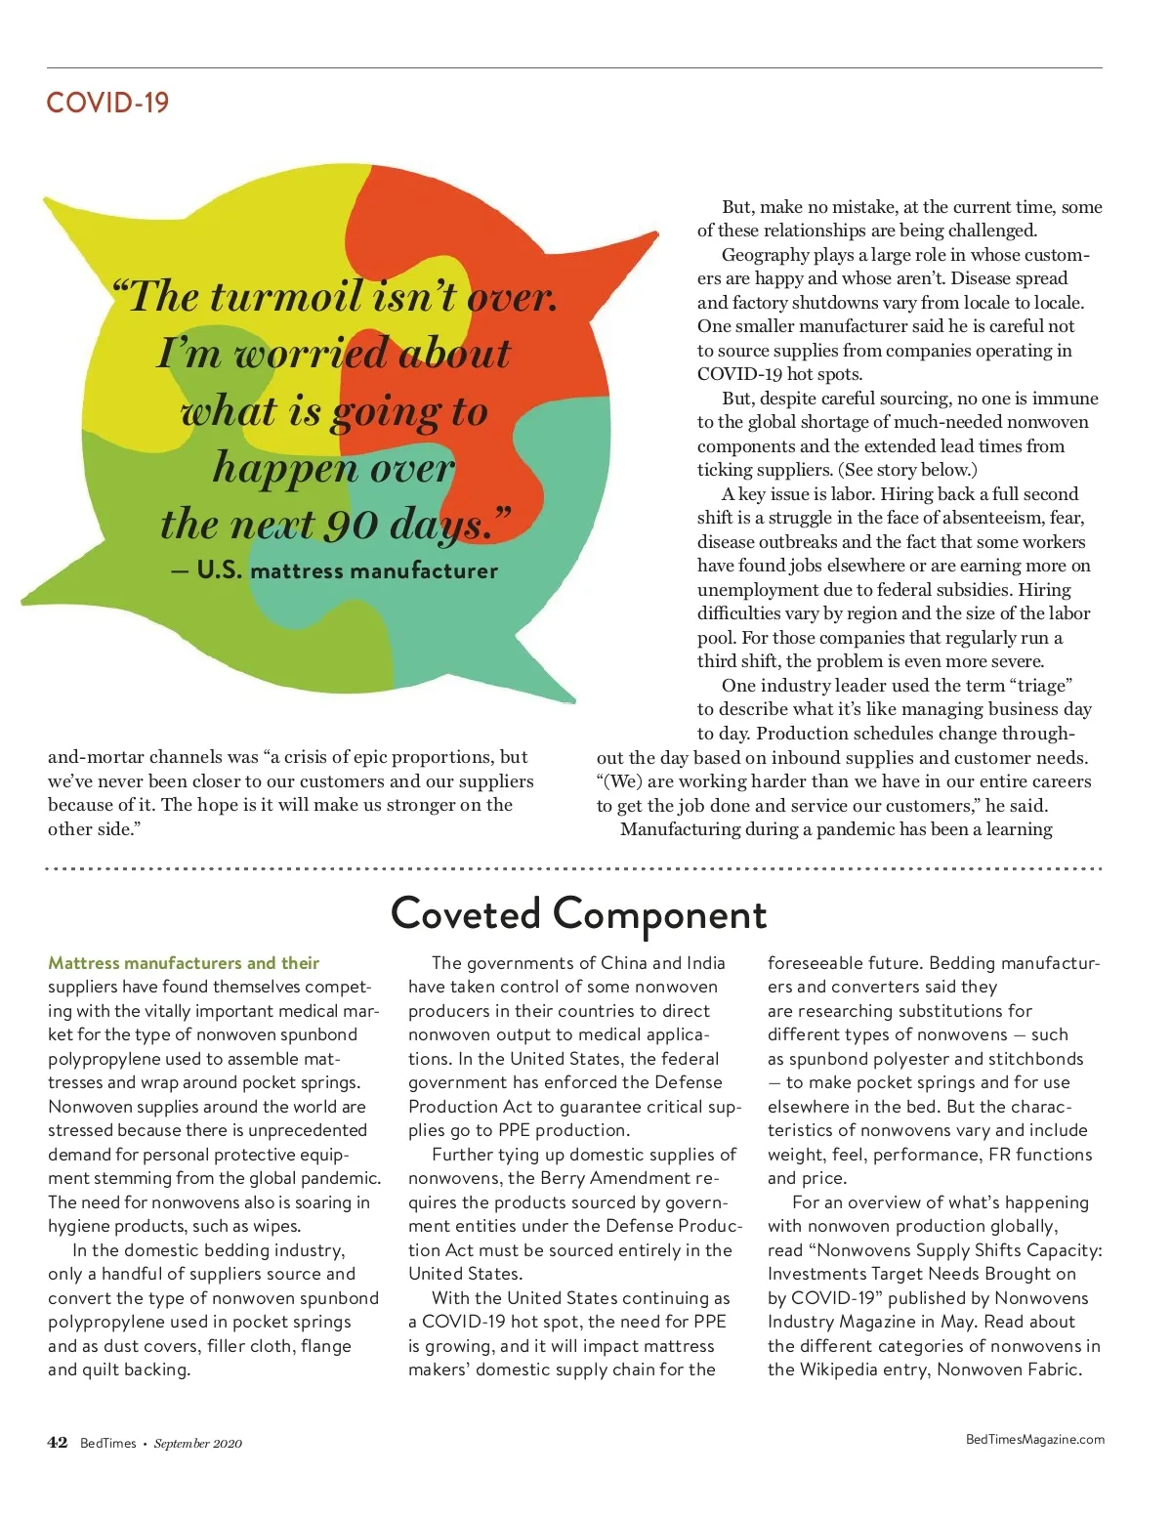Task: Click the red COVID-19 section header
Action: tap(107, 103)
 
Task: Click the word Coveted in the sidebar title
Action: tap(465, 914)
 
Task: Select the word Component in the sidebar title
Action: tap(660, 916)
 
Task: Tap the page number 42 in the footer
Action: tap(58, 1443)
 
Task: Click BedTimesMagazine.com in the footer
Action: tap(1034, 1439)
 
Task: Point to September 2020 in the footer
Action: tap(197, 1444)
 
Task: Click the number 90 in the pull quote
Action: tap(351, 526)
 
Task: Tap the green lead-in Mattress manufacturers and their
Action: tap(184, 963)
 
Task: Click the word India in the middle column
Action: tap(705, 963)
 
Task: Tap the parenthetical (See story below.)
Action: tap(907, 470)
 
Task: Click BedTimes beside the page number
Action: tap(107, 1444)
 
